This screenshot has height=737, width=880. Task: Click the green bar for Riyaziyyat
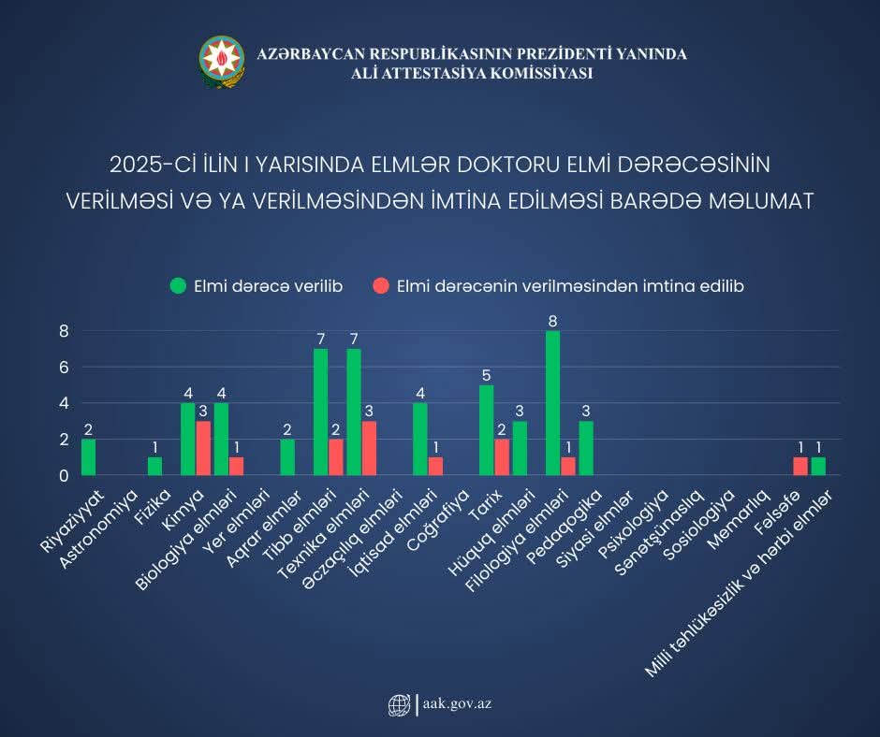(x=88, y=457)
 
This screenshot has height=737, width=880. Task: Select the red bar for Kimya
(x=203, y=448)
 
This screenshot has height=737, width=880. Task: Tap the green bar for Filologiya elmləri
(x=552, y=403)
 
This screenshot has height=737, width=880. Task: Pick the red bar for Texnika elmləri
(x=369, y=448)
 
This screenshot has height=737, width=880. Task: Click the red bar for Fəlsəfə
(x=800, y=466)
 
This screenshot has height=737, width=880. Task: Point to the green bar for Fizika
(x=154, y=466)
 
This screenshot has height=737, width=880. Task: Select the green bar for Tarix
(x=486, y=430)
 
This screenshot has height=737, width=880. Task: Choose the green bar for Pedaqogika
(x=586, y=448)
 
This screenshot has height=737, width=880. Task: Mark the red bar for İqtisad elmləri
(x=435, y=466)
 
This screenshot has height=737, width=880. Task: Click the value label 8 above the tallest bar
(x=552, y=322)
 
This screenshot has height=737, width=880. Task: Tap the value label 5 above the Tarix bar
(x=486, y=376)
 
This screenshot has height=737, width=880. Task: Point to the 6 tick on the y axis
(x=65, y=368)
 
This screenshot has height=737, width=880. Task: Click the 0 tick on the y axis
(x=65, y=476)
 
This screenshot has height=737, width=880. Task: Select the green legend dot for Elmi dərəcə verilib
(x=178, y=286)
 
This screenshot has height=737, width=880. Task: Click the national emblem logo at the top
(x=222, y=63)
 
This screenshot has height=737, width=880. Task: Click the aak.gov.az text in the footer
(x=456, y=704)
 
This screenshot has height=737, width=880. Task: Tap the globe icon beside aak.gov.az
(x=399, y=704)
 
